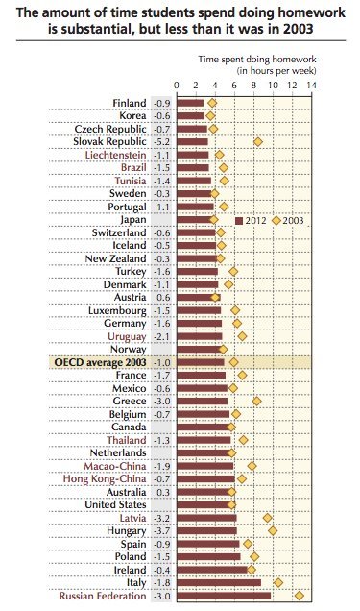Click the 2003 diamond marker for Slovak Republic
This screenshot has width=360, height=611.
tap(257, 142)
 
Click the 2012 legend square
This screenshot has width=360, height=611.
tap(239, 220)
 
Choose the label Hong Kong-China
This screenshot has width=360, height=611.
tap(104, 478)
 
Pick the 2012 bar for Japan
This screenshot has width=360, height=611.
tap(195, 220)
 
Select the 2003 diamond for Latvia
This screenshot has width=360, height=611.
tap(268, 518)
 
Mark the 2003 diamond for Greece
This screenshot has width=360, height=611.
tap(256, 401)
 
